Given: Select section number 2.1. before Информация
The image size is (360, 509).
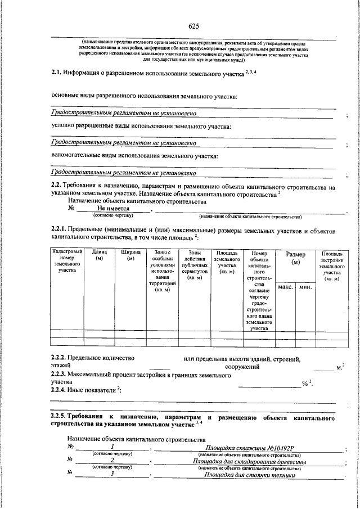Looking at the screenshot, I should [x=56, y=73].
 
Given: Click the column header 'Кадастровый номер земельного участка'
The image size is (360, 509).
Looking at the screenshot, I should [x=67, y=262].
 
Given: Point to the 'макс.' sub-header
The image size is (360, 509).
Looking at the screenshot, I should [x=286, y=287].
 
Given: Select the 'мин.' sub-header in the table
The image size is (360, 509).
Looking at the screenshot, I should [x=305, y=287].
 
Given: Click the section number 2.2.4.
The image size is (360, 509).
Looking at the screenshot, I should [x=58, y=390].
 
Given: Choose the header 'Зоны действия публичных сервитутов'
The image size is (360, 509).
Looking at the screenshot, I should [x=195, y=265].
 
